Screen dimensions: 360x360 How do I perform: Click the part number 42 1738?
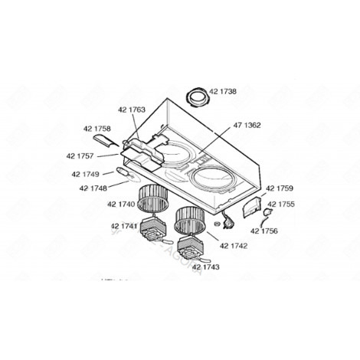click(x=223, y=90)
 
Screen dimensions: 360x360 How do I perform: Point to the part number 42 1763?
click(x=132, y=110)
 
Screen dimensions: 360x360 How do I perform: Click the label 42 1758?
click(x=97, y=129)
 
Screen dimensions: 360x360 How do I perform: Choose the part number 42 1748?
click(x=93, y=188)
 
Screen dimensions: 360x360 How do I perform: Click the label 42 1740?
click(x=122, y=205)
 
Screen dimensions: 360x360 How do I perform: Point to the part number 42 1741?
click(x=124, y=226)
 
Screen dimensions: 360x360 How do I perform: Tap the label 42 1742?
click(x=233, y=245)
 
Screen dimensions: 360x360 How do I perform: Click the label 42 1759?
click(x=280, y=188)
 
